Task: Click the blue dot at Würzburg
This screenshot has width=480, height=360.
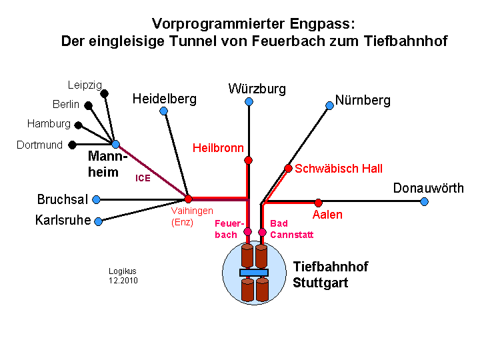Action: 249,101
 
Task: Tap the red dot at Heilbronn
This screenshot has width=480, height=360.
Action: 248,160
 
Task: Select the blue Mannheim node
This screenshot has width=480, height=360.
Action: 115,144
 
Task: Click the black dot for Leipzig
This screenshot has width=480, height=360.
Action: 105,93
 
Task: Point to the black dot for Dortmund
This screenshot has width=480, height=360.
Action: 72,145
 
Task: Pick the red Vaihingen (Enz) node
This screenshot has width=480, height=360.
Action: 188,199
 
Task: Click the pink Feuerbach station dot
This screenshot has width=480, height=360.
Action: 247,231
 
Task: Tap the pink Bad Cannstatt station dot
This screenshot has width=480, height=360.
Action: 262,233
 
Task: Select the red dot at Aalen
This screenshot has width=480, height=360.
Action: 319,203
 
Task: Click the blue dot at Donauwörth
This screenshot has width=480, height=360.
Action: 424,202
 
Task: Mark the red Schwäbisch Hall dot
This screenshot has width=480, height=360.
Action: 288,169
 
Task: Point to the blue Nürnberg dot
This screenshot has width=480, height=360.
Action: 330,105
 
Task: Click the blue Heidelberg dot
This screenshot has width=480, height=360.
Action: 164,111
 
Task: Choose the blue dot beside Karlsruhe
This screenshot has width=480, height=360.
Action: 98,221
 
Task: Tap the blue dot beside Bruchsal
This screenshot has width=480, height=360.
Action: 97,199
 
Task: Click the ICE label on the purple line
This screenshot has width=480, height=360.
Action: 143,178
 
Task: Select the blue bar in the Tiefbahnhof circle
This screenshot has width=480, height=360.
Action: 254,273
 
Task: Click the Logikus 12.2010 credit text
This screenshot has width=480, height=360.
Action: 123,276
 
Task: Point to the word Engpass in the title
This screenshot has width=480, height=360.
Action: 323,23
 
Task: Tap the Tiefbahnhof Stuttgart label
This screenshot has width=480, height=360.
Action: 331,275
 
